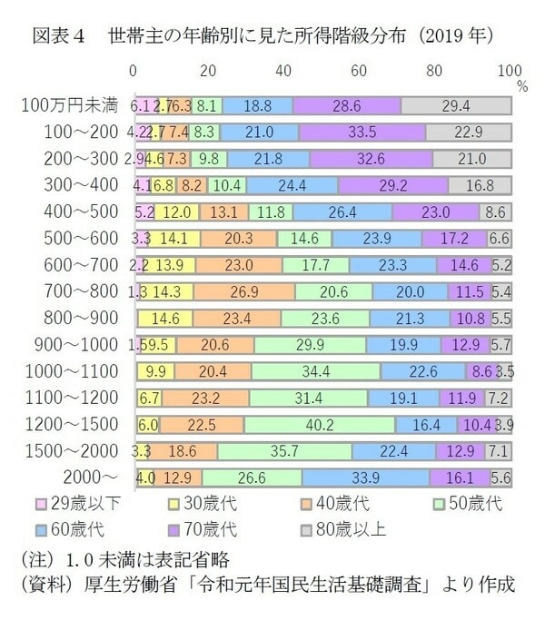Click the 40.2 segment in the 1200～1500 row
[x=319, y=424]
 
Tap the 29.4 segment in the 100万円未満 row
[x=455, y=106]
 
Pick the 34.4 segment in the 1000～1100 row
[x=315, y=371]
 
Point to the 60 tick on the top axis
[x=360, y=71]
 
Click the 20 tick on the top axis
[x=209, y=71]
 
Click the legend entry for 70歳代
[x=211, y=527]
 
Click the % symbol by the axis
[x=522, y=87]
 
